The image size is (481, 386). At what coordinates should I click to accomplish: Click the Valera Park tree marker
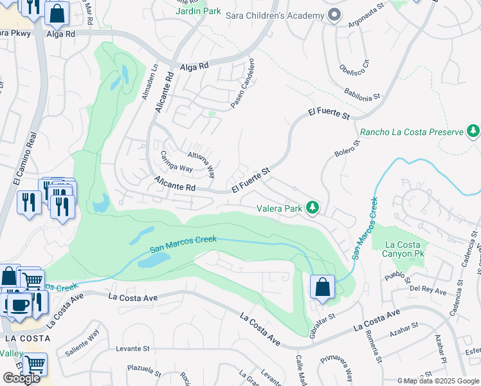tap(312, 207)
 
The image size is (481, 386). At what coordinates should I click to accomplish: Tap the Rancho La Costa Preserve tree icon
tap(473, 131)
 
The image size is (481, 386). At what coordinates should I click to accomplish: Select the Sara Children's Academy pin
tap(334, 15)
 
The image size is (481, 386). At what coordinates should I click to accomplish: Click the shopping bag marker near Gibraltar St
tap(322, 287)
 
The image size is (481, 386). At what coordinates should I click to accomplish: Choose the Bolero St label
tap(345, 149)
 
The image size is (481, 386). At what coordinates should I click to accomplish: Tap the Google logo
tap(21, 378)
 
